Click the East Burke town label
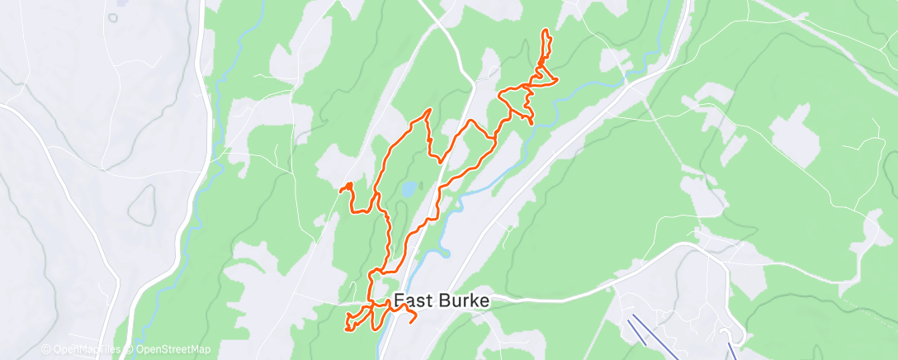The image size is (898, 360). click(442, 301)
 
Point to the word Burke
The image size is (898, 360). click(464, 301)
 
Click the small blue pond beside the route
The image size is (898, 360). click(409, 189)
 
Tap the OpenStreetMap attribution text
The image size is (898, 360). click(171, 349)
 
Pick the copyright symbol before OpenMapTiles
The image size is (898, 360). click(46, 349)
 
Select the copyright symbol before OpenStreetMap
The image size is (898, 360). click(130, 349)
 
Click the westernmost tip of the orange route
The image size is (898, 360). click(340, 191)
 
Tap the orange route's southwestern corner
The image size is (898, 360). click(347, 329)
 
